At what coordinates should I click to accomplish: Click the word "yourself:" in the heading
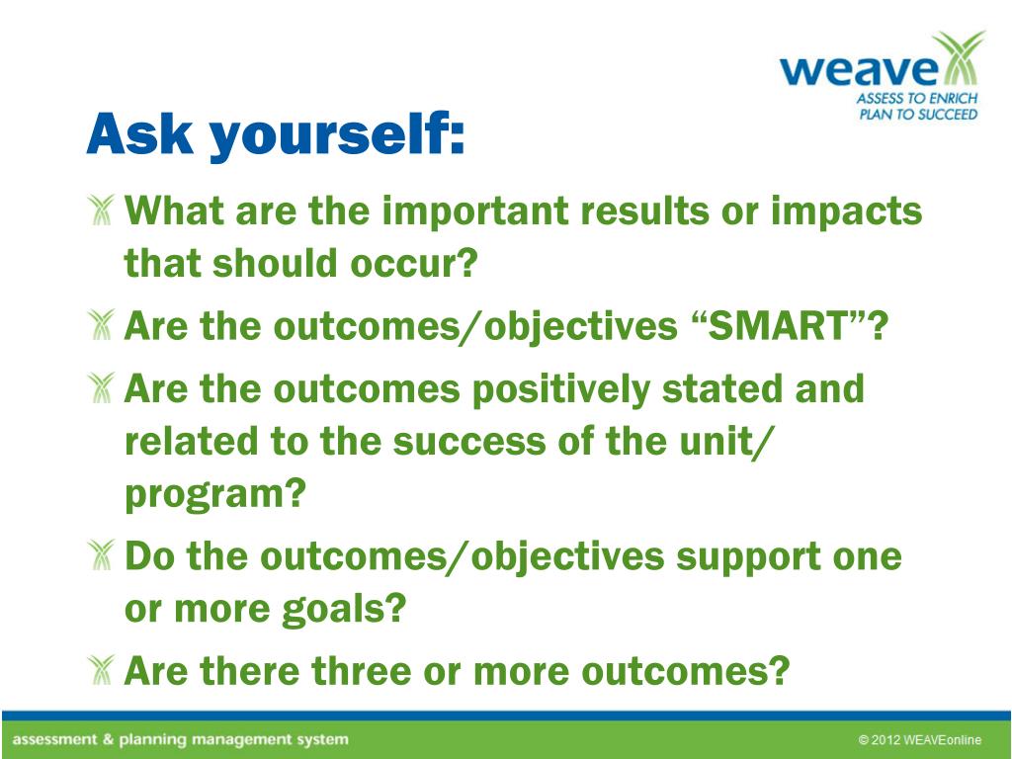pyautogui.click(x=337, y=134)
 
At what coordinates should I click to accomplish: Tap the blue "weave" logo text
pyautogui.click(x=859, y=69)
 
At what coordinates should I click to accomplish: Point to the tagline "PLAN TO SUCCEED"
pyautogui.click(x=918, y=115)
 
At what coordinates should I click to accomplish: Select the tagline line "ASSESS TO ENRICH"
pyautogui.click(x=917, y=99)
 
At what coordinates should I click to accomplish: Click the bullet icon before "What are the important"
pyautogui.click(x=101, y=210)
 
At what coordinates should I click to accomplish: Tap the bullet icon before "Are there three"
pyautogui.click(x=101, y=670)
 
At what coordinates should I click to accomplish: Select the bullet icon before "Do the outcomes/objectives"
pyautogui.click(x=101, y=555)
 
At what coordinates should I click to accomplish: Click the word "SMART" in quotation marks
pyautogui.click(x=777, y=326)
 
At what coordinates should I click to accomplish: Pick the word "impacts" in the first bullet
pyautogui.click(x=846, y=211)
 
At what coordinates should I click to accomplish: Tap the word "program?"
pyautogui.click(x=214, y=495)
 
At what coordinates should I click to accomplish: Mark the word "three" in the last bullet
pyautogui.click(x=362, y=671)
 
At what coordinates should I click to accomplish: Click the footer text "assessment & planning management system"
pyautogui.click(x=180, y=739)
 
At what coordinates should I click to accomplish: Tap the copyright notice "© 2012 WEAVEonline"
pyautogui.click(x=920, y=740)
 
